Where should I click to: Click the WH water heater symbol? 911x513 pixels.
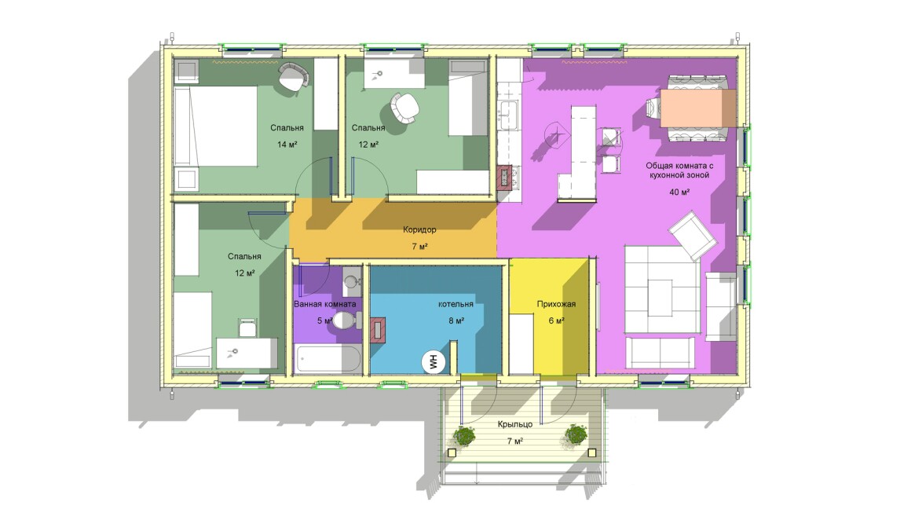[x=434, y=362]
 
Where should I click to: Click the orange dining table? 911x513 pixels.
[x=697, y=108]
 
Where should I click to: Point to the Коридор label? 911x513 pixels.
[x=419, y=229]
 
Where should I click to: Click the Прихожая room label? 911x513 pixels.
[x=556, y=304]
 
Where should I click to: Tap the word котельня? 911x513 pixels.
[x=455, y=304]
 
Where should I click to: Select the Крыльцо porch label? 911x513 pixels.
[x=514, y=424]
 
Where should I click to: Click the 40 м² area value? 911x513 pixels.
[x=679, y=192]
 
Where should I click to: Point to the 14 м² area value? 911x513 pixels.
[x=287, y=144]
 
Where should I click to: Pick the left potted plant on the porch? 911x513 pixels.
[x=463, y=435]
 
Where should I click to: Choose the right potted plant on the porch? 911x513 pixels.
[x=576, y=434]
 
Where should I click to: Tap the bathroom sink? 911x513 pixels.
[x=351, y=283]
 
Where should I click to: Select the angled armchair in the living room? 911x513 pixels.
[x=693, y=236]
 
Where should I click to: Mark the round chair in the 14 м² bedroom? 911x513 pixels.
[x=293, y=76]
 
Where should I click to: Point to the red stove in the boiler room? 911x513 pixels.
[x=377, y=329]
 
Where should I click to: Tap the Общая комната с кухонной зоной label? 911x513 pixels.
[x=679, y=170]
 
